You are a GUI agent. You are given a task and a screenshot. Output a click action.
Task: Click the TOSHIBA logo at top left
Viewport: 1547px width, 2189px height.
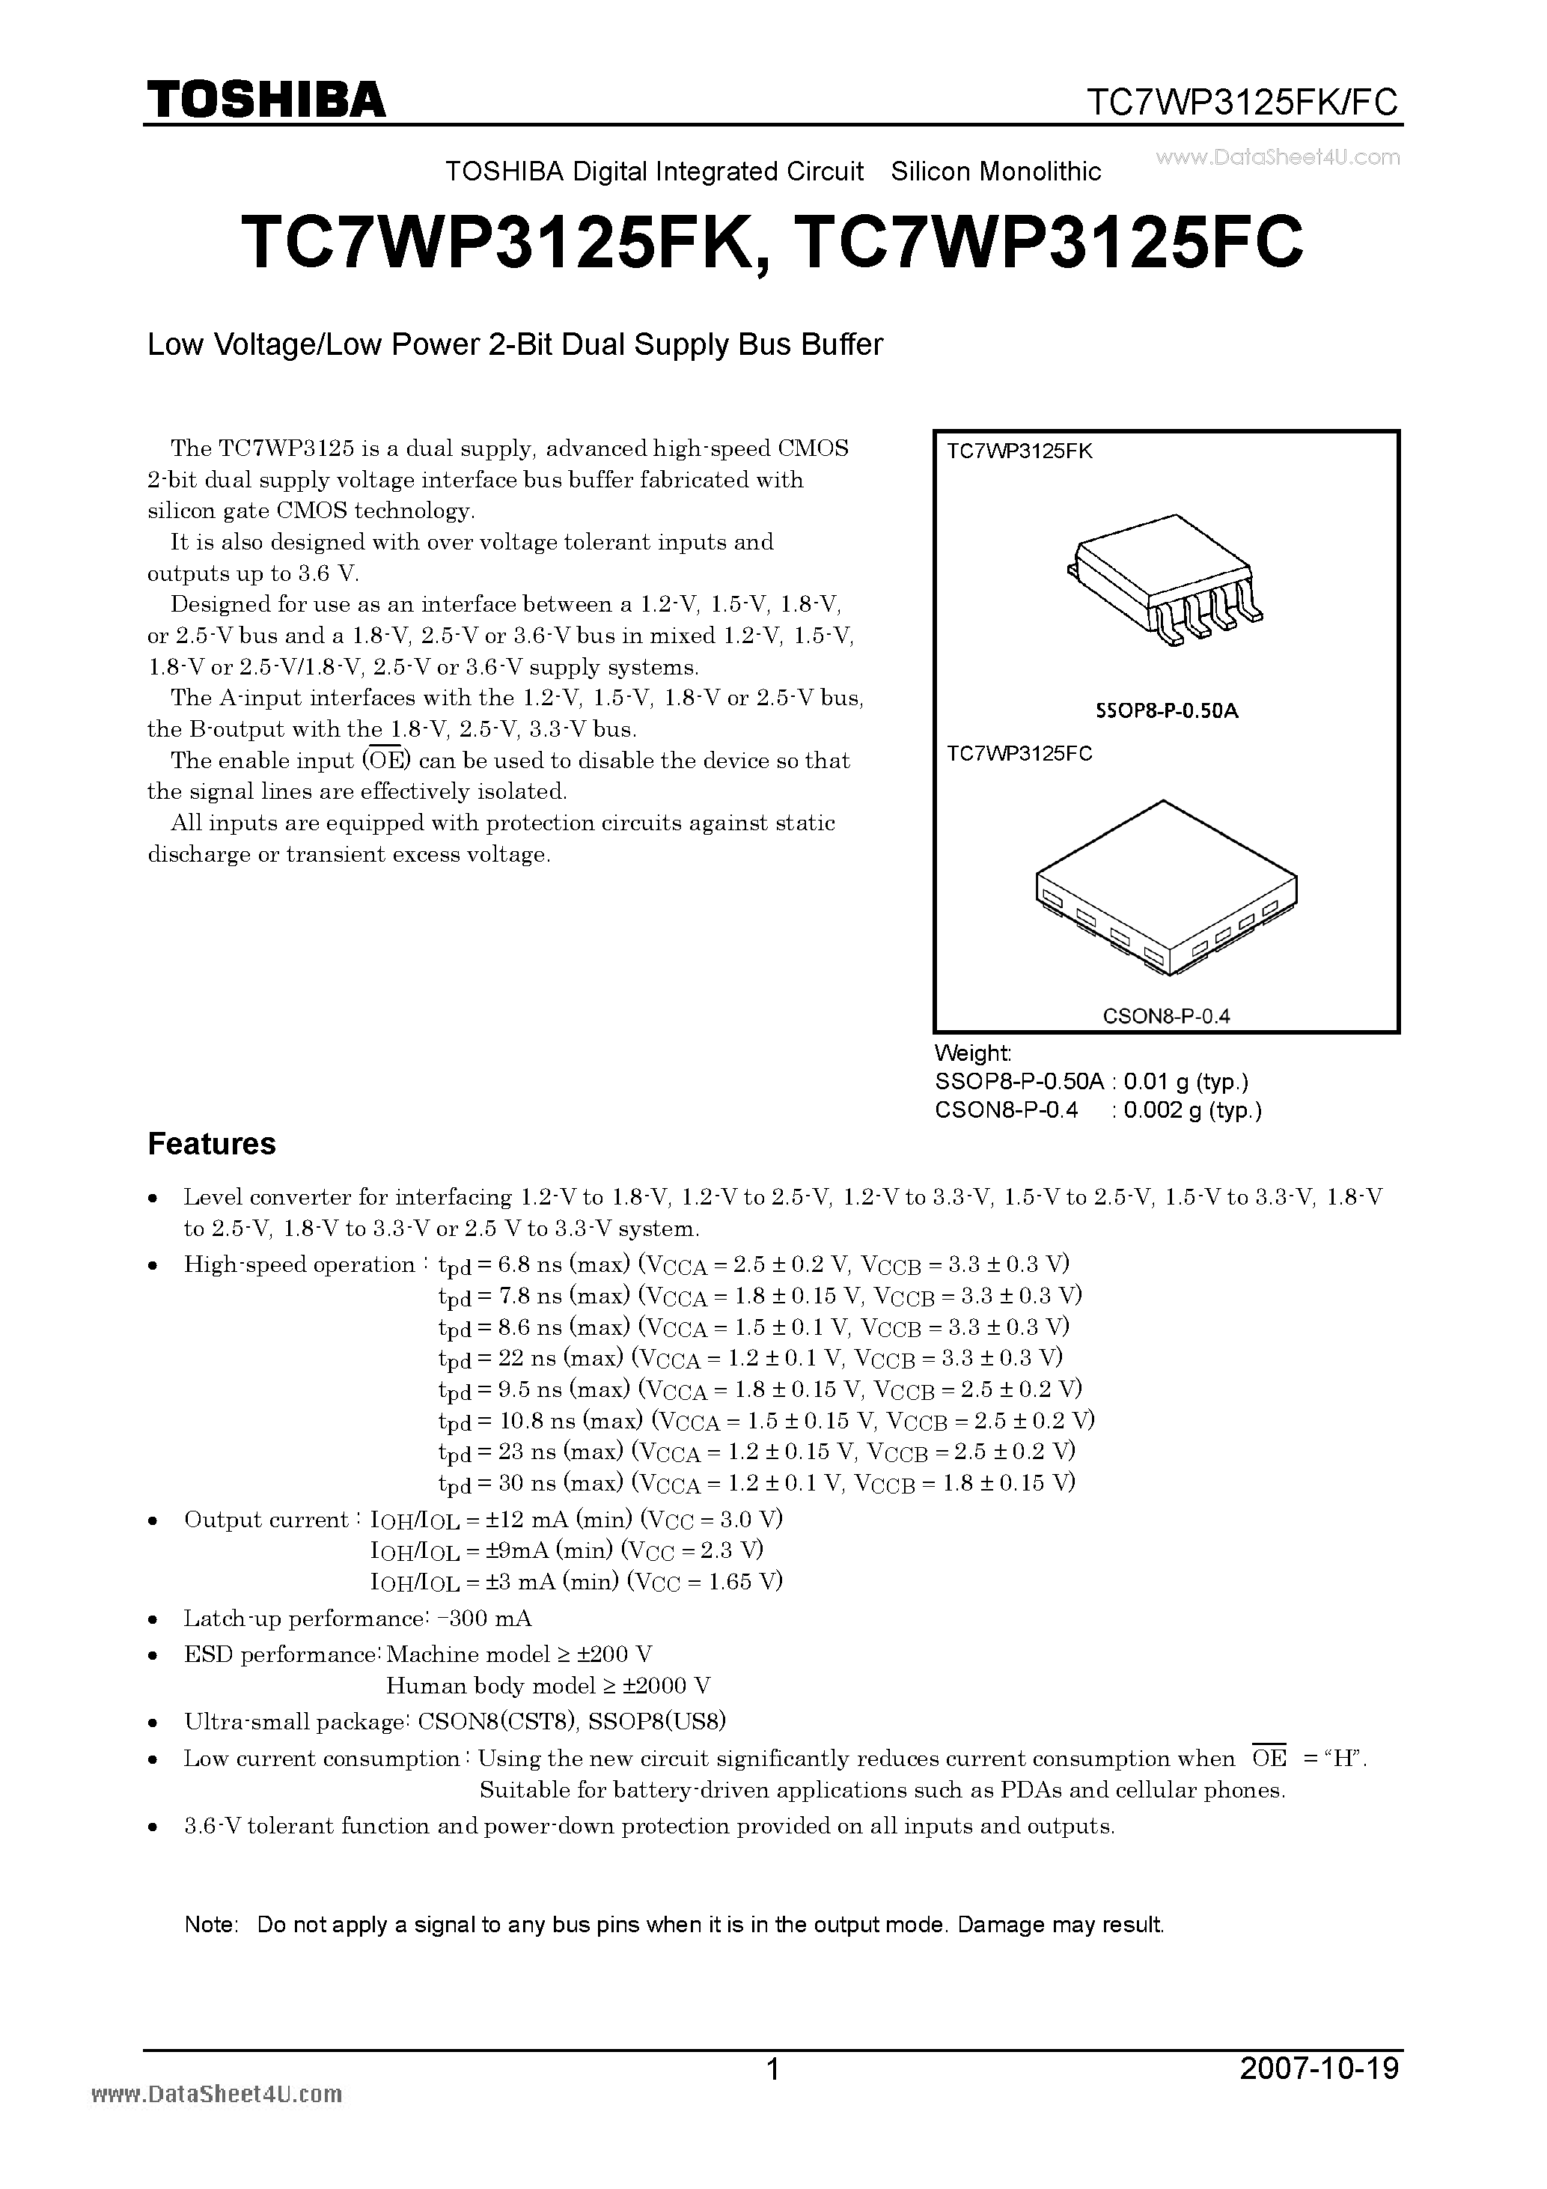[x=266, y=98]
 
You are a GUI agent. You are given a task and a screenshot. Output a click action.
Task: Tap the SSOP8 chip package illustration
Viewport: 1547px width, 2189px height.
[x=1165, y=582]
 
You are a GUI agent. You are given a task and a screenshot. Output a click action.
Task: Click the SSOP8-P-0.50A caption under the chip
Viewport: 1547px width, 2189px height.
[x=1166, y=710]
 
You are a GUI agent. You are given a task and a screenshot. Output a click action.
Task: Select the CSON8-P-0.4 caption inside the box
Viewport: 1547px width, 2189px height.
[x=1166, y=1015]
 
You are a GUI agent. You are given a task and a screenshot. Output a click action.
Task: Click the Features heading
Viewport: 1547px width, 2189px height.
[x=212, y=1143]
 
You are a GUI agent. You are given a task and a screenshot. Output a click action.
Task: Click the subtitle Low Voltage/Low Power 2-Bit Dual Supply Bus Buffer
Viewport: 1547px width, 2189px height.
[x=515, y=344]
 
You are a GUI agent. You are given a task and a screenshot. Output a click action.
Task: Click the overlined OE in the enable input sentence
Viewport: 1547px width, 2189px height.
[x=386, y=761]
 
